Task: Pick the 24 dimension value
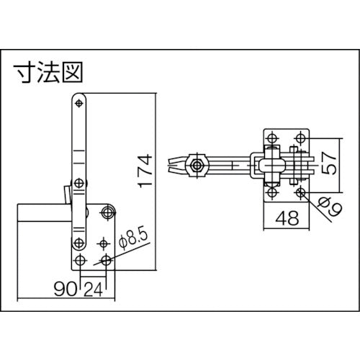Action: click(91, 290)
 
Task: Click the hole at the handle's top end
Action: click(78, 104)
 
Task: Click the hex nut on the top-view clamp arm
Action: click(195, 166)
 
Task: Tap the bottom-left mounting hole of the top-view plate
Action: click(271, 193)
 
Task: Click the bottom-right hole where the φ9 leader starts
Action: click(300, 193)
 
